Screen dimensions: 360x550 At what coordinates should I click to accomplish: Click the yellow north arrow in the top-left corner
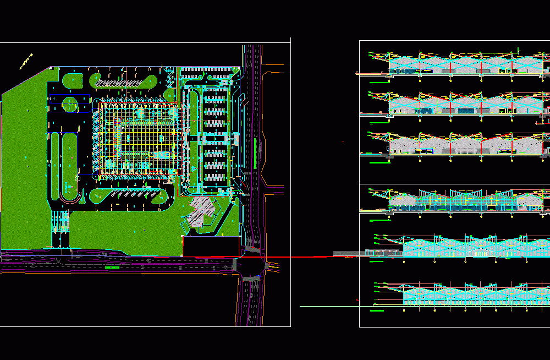tap(26, 61)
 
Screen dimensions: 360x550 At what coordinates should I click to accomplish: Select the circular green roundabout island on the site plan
tap(70, 103)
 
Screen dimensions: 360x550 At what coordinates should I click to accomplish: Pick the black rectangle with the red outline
tap(211, 247)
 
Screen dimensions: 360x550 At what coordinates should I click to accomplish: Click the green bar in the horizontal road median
tap(112, 267)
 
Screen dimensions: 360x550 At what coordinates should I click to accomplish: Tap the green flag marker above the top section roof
tap(519, 50)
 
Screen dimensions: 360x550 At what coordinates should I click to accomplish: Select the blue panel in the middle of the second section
tap(465, 111)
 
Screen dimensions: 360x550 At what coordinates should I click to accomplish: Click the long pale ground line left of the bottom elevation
tap(330, 306)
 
